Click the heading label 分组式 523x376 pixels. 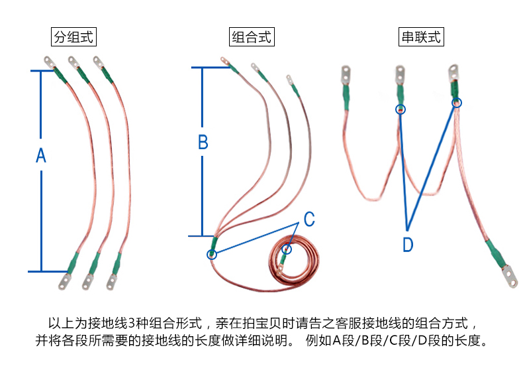pos(74,37)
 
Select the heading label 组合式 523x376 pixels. pos(252,37)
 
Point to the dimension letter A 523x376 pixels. pos(40,156)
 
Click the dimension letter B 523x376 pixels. pos(203,142)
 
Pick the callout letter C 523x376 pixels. pos(309,218)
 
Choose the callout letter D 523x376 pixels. pos(408,245)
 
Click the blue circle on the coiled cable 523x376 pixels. pos(286,249)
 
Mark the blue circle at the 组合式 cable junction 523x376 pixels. pos(213,253)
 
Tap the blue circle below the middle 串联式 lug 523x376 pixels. pos(400,109)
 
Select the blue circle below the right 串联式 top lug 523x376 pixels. pos(457,103)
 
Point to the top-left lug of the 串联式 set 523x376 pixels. pos(345,74)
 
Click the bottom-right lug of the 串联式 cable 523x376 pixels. pos(508,275)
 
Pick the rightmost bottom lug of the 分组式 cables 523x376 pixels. pos(111,282)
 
